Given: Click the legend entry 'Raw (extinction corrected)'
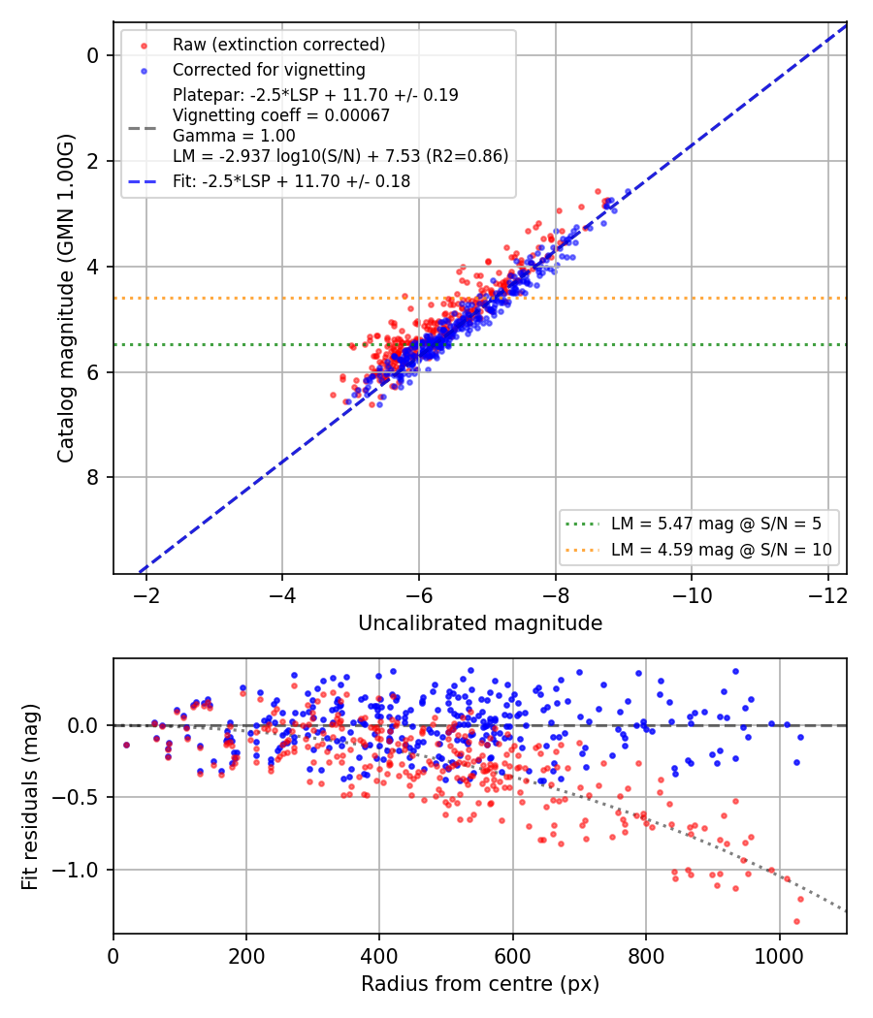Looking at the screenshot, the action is tap(278, 45).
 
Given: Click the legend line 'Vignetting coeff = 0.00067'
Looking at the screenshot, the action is tap(281, 115).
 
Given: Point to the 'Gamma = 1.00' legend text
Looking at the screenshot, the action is tap(234, 136).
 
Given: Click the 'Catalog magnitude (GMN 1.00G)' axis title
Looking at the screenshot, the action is tap(66, 299).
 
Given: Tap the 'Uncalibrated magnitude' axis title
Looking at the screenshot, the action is tap(480, 623).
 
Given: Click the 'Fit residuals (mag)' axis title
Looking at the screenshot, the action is tap(30, 797).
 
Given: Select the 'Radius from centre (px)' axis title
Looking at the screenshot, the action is tap(480, 984).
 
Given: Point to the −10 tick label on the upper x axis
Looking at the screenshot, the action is tap(691, 595).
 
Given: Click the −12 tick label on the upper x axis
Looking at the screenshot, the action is tap(828, 595).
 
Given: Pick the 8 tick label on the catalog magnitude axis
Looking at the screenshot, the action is tap(93, 477).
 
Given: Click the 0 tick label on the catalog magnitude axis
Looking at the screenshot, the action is tap(93, 56).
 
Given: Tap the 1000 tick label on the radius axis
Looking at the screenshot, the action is tap(779, 956).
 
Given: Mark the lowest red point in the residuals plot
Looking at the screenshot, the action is tap(796, 921).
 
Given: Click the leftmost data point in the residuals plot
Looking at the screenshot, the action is tap(127, 745).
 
